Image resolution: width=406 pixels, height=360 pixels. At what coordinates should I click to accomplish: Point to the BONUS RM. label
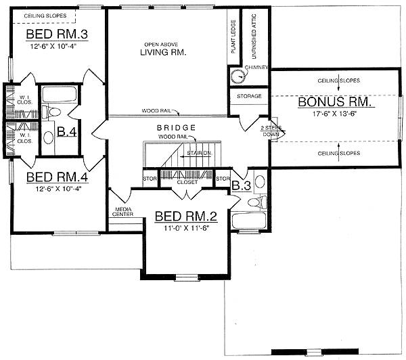pyautogui.click(x=335, y=104)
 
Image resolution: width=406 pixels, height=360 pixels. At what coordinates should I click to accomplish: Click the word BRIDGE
pyautogui.click(x=176, y=127)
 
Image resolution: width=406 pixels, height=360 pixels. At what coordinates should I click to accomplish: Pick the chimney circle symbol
pyautogui.click(x=238, y=76)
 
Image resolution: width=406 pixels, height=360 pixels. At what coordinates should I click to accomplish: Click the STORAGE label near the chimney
pyautogui.click(x=249, y=97)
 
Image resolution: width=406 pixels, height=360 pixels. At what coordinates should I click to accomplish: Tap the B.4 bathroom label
pyautogui.click(x=66, y=131)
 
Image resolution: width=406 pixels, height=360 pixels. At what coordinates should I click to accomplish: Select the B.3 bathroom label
pyautogui.click(x=241, y=185)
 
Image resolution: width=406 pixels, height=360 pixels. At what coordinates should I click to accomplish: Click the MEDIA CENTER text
pyautogui.click(x=124, y=212)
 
